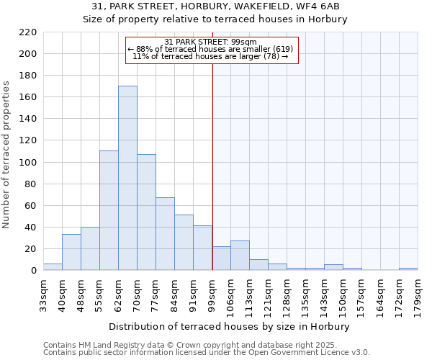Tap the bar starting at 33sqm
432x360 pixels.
coord(53,267)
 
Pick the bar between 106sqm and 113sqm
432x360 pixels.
coord(240,256)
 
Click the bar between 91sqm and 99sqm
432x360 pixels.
coord(202,248)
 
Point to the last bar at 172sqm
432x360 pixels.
coord(408,269)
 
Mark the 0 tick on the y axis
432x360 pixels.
coord(33,271)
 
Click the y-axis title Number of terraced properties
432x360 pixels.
coord(7,155)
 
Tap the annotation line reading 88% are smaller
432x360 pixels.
coord(210,49)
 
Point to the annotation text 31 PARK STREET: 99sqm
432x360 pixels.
coord(211,42)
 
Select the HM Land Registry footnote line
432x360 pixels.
coord(185,346)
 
